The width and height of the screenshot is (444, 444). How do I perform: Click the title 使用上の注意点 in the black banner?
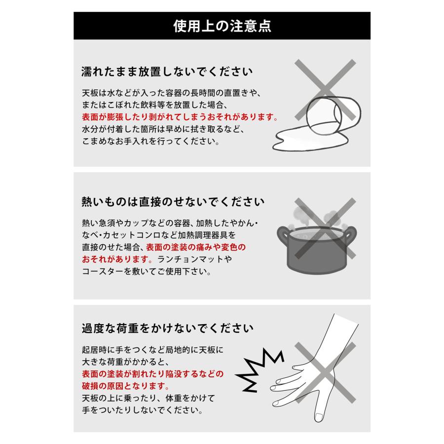[x=222, y=26]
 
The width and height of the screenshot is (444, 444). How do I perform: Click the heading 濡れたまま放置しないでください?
[x=167, y=72]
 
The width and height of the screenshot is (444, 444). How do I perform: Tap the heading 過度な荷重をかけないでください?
[x=168, y=328]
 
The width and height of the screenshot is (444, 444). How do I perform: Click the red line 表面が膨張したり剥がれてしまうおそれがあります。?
[x=180, y=118]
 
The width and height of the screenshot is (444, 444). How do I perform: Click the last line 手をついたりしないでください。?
[x=148, y=410]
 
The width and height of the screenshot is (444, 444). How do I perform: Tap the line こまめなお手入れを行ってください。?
[x=150, y=142]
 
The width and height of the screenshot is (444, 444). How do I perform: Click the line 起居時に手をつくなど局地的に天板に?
[x=152, y=349]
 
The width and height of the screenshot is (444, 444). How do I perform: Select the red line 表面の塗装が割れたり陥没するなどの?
[x=152, y=373]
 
